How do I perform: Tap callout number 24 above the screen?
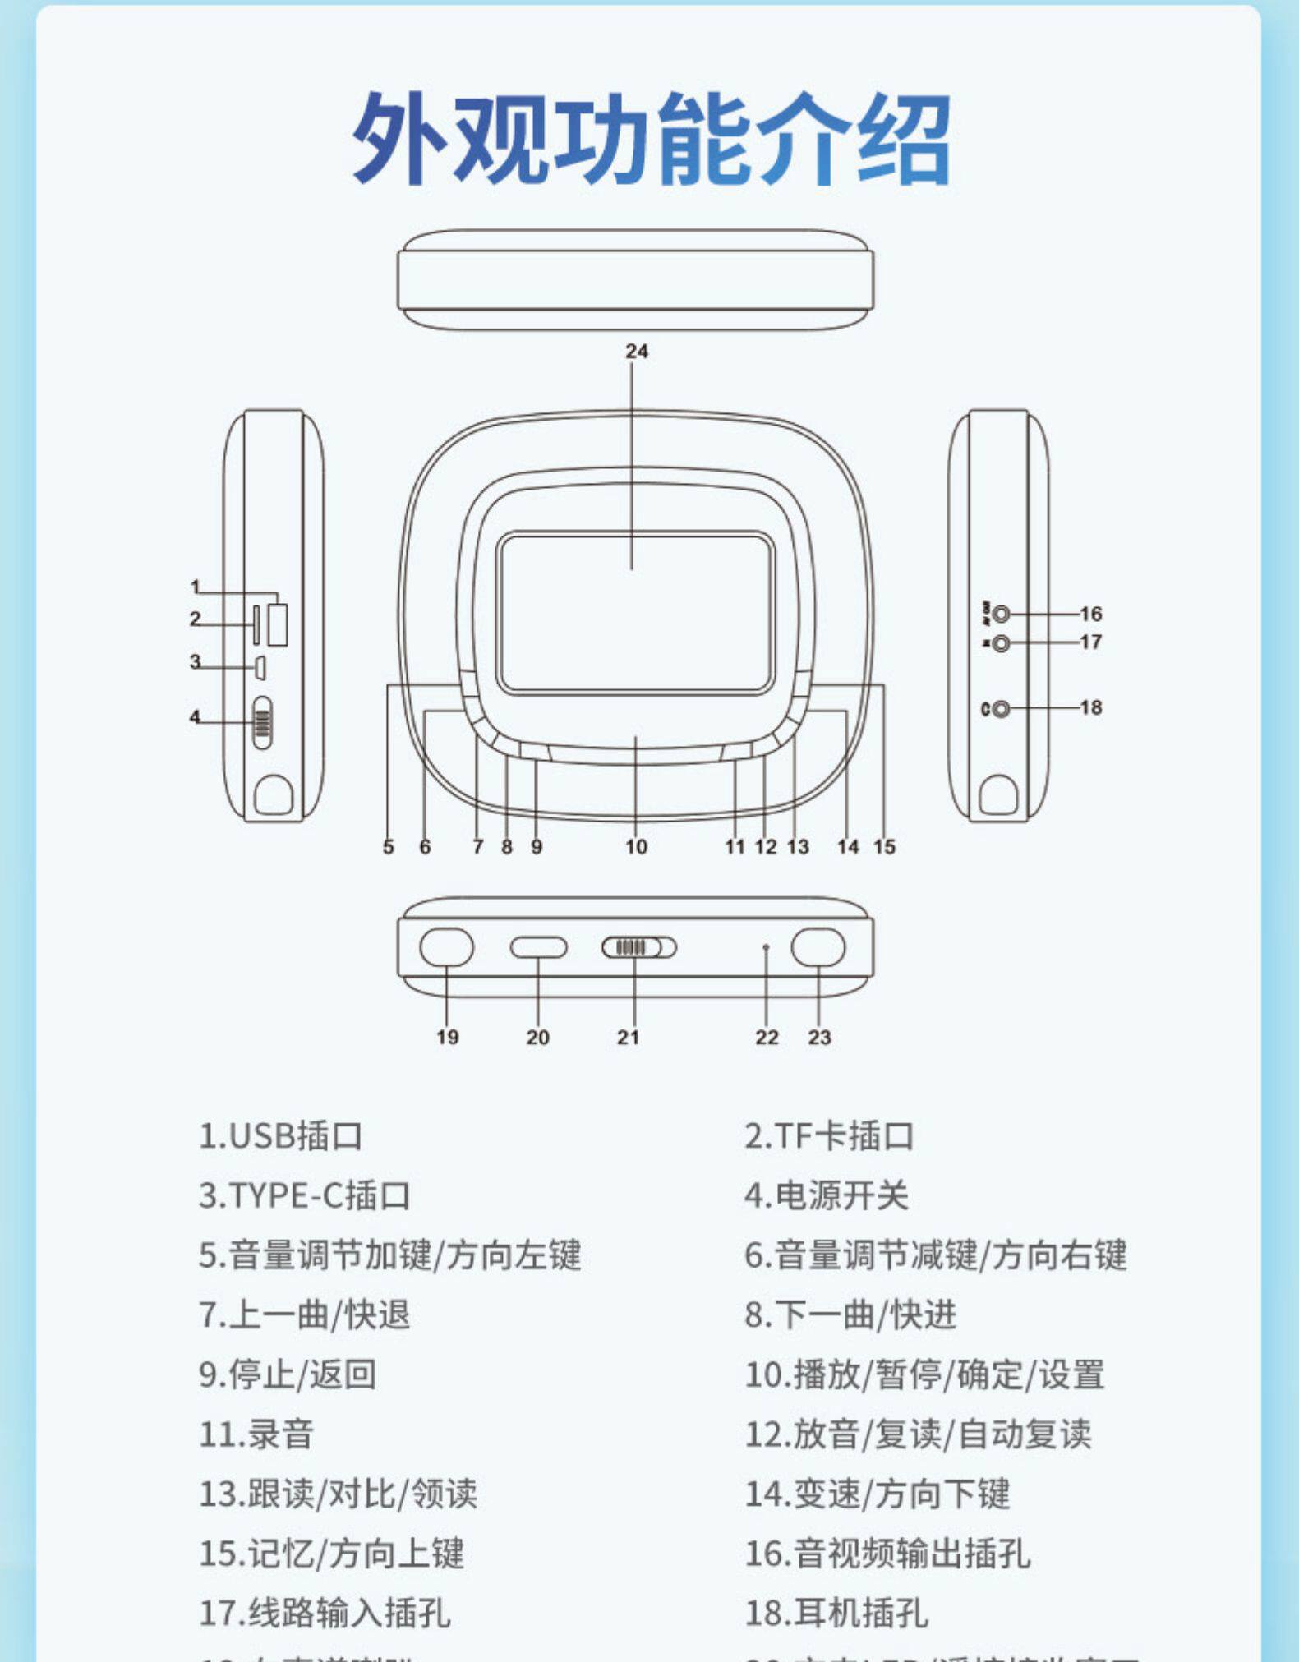point(637,352)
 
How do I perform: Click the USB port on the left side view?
point(278,625)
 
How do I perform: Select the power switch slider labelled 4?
point(262,723)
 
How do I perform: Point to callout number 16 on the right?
point(1090,614)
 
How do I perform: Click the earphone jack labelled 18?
point(1000,708)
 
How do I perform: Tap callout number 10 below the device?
point(636,846)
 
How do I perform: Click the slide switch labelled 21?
point(638,947)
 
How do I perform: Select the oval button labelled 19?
point(446,947)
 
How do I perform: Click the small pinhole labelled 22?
point(766,947)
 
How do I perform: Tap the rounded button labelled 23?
point(818,947)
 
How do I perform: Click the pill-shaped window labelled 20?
point(538,947)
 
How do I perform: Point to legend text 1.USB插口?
point(280,1136)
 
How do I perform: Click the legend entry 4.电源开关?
point(826,1195)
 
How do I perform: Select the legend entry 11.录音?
point(256,1434)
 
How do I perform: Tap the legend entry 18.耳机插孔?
point(836,1614)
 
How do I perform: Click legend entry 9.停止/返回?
point(288,1374)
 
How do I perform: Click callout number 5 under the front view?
point(389,846)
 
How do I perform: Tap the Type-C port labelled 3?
point(259,668)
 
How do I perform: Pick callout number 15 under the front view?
point(884,846)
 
